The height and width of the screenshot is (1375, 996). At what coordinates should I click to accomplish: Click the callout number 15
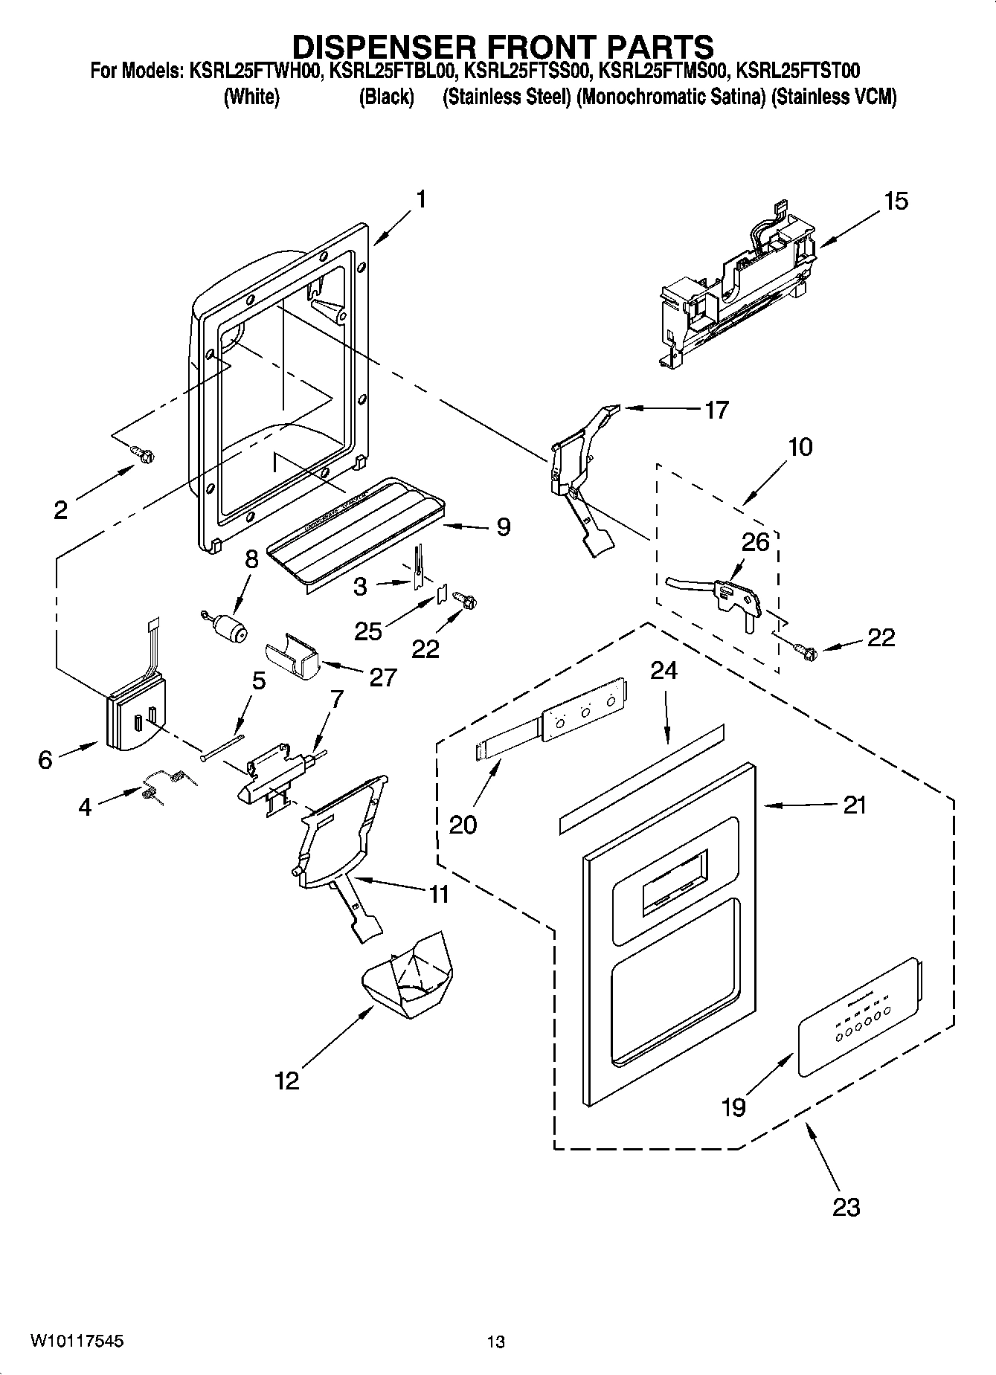pos(896,202)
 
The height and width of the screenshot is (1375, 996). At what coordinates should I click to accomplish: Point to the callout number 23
pos(846,1206)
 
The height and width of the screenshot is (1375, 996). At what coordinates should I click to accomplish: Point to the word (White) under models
pos(251,97)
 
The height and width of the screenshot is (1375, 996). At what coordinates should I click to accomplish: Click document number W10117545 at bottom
pos(77,1341)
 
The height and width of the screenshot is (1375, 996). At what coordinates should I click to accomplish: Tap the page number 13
pos(496,1342)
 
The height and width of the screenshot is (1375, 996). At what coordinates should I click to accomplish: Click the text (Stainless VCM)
pos(834,97)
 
